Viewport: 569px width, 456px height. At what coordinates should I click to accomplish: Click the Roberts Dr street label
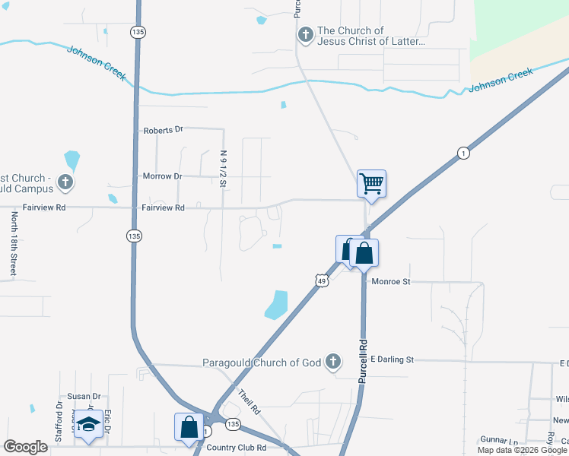tap(164, 130)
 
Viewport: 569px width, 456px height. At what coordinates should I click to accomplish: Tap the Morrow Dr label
tap(163, 176)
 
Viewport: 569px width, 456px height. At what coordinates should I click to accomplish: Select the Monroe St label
tap(391, 281)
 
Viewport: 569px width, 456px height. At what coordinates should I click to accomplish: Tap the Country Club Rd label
tap(236, 448)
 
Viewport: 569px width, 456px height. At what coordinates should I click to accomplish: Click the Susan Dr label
tap(84, 396)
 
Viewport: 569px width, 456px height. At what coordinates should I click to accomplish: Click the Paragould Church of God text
tap(262, 363)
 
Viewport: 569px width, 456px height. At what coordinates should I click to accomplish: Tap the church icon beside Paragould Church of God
tap(332, 362)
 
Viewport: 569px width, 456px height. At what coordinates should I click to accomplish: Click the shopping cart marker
tap(371, 182)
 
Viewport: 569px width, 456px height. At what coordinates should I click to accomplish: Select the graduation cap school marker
tap(88, 424)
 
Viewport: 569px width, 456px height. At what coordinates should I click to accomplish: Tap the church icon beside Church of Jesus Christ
tap(305, 34)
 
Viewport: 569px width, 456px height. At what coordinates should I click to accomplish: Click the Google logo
tap(25, 447)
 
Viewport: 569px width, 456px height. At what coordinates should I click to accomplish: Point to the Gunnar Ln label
tap(498, 441)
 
